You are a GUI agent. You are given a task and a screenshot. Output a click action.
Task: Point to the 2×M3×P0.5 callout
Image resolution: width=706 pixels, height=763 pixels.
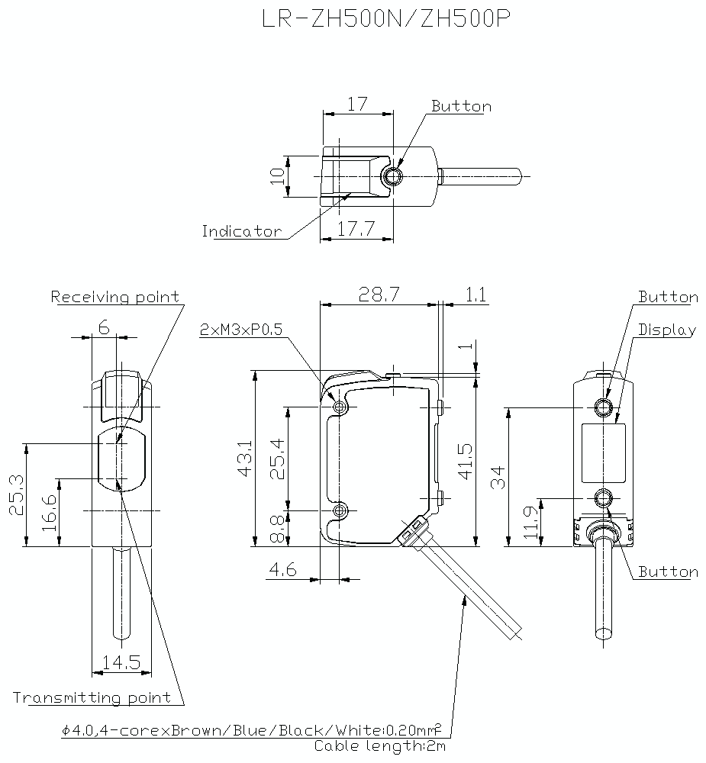click(x=241, y=330)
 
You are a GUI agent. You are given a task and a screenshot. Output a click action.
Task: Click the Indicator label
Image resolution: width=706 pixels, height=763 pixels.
click(x=241, y=231)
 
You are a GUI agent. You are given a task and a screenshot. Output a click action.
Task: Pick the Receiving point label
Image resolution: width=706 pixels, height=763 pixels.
click(x=116, y=297)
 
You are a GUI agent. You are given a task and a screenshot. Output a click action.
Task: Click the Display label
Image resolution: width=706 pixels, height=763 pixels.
click(x=667, y=330)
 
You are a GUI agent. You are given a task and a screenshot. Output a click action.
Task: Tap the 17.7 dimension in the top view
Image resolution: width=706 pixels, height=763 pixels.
click(x=355, y=228)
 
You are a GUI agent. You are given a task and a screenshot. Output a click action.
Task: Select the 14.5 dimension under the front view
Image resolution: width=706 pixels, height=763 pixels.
click(x=121, y=662)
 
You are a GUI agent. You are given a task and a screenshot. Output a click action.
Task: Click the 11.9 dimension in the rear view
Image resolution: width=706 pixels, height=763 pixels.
click(x=532, y=523)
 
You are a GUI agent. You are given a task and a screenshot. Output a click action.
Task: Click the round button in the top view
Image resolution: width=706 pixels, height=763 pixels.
click(x=392, y=177)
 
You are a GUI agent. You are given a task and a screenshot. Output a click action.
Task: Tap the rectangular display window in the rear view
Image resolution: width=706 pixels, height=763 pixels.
click(x=604, y=453)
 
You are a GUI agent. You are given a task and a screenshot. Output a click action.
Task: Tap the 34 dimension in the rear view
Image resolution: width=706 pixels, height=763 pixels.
click(x=498, y=478)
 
